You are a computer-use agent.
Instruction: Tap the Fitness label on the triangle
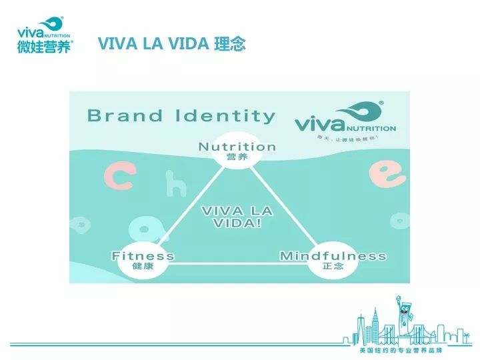coord(143,256)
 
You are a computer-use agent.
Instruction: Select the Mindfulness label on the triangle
coord(333,256)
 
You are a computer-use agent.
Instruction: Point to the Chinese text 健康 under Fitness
coord(143,266)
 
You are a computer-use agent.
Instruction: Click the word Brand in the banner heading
coord(125,116)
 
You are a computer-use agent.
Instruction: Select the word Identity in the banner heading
coord(225,116)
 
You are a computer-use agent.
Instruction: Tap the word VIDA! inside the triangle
coord(237,223)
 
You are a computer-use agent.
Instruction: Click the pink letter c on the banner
coord(120,179)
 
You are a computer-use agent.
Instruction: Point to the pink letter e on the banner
coord(387,174)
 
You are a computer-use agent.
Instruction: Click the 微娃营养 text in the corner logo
coord(43,46)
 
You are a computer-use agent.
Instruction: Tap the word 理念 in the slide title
coord(230,44)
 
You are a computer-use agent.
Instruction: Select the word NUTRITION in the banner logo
coord(370,129)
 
